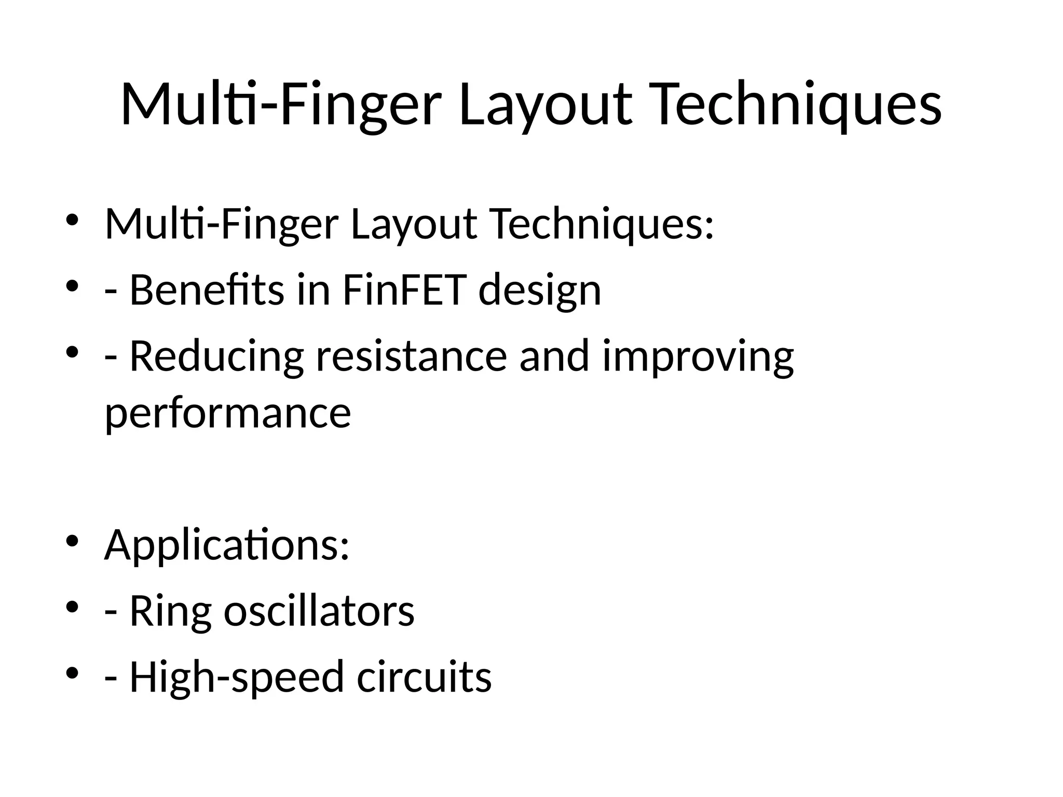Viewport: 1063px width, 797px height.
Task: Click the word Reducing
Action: point(216,357)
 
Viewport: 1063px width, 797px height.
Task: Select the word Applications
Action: point(227,546)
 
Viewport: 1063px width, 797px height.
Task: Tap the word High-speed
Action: point(237,678)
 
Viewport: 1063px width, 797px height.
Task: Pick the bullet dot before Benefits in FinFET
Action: point(72,285)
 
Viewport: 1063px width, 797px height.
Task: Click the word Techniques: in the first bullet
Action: point(602,224)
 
